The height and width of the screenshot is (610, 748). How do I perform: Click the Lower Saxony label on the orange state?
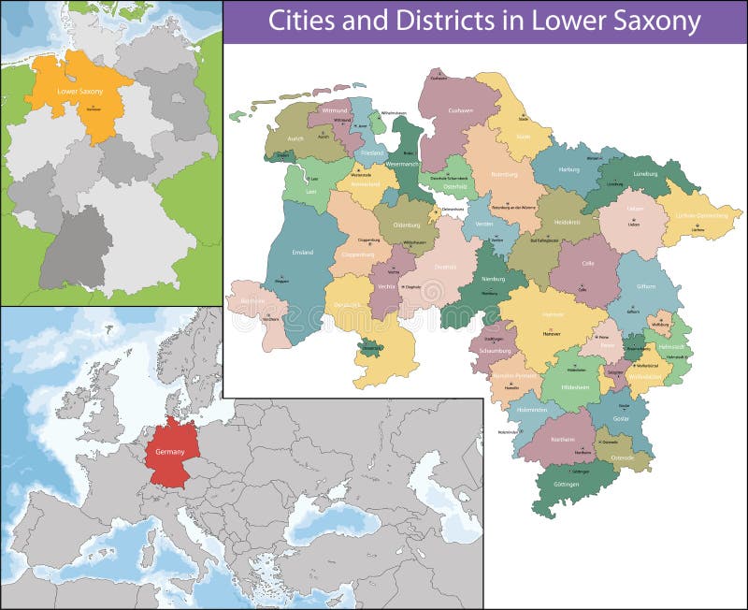click(x=79, y=92)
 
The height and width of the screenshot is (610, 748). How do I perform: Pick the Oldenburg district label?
click(x=403, y=225)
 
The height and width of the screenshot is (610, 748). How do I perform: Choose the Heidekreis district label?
click(x=568, y=223)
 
